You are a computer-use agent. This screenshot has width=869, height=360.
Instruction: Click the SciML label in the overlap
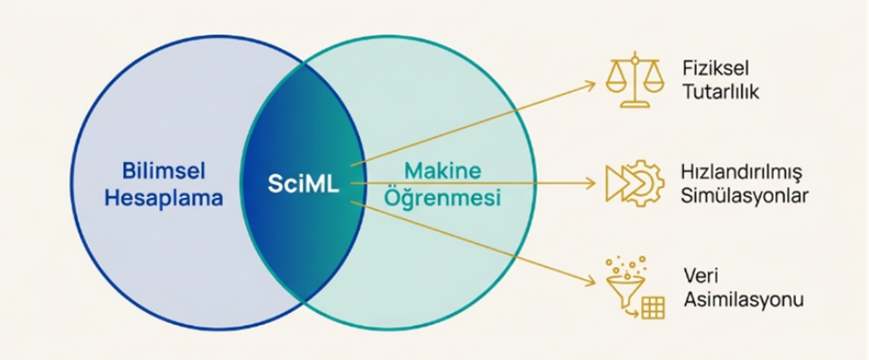click(304, 184)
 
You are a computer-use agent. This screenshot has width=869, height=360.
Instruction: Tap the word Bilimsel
click(163, 171)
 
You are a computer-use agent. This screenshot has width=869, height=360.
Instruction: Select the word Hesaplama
click(164, 198)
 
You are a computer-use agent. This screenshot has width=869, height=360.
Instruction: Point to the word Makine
click(441, 171)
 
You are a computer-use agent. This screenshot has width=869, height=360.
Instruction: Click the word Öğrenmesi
click(442, 198)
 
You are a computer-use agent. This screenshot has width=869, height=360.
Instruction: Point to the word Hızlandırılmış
click(741, 173)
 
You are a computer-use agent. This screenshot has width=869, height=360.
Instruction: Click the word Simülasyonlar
click(745, 196)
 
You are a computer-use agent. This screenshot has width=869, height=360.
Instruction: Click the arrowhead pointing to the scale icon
click(592, 84)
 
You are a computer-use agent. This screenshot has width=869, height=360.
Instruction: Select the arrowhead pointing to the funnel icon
click(590, 282)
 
